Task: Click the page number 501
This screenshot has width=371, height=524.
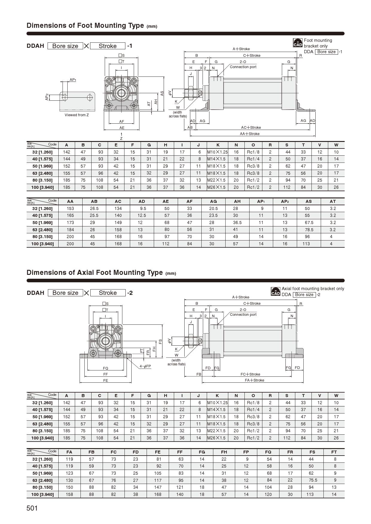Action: [32, 508]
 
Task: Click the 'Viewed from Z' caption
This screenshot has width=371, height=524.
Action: [77, 115]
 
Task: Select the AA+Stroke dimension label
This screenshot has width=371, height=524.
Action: [250, 134]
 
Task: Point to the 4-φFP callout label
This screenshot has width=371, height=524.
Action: [145, 366]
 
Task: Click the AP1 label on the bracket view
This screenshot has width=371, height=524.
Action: [73, 80]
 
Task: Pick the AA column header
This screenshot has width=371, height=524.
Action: [70, 201]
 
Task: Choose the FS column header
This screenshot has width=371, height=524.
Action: [312, 452]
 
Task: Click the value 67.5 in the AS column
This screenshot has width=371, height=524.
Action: [309, 223]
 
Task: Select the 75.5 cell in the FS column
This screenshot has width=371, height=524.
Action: [312, 480]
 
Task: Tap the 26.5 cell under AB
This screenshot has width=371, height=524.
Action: [94, 209]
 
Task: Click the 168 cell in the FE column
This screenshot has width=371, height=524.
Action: [158, 494]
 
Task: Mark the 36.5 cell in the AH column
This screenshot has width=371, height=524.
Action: [237, 223]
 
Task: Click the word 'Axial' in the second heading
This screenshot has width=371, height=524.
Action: [85, 272]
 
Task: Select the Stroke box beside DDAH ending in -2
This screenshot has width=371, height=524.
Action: [108, 293]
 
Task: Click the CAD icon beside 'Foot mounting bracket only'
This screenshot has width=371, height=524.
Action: [298, 43]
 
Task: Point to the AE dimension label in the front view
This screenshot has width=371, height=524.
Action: [122, 128]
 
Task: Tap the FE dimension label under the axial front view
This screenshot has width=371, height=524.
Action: [105, 380]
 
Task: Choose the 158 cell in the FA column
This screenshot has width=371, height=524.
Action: [69, 494]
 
